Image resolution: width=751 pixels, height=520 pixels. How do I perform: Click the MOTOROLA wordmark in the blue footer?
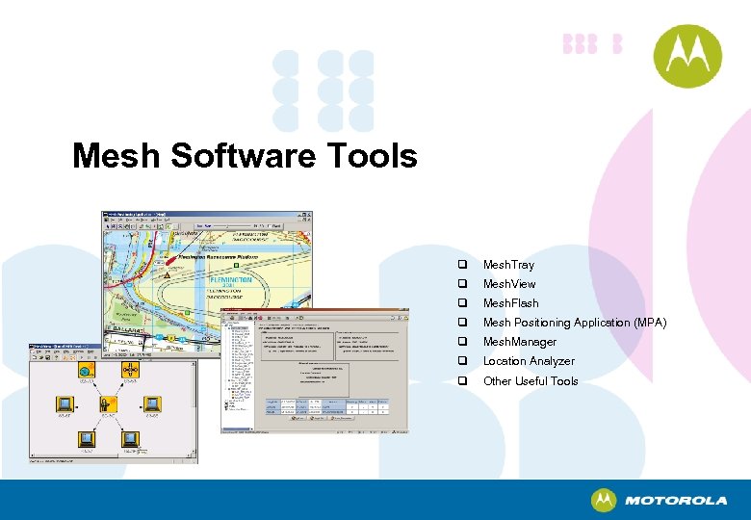click(676, 501)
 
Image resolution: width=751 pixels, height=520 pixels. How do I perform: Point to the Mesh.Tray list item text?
click(508, 265)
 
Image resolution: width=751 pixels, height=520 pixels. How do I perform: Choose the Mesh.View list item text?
click(509, 284)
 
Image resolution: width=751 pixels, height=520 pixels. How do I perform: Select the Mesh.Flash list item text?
click(510, 303)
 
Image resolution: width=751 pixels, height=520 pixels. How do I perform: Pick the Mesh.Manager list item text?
click(520, 342)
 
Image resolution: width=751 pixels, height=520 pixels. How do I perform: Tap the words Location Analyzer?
click(529, 361)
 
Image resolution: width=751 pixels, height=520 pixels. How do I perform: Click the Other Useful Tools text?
click(531, 381)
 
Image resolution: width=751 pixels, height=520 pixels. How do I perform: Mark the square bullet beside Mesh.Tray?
click(463, 265)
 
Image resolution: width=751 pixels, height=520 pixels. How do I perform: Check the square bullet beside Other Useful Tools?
click(463, 381)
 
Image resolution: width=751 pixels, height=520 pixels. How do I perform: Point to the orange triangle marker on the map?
click(167, 274)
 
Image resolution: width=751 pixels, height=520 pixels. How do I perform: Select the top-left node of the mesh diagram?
click(85, 370)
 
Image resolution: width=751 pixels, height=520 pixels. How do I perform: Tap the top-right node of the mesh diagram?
click(130, 370)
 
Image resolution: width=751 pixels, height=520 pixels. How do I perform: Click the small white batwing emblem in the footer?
click(604, 501)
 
